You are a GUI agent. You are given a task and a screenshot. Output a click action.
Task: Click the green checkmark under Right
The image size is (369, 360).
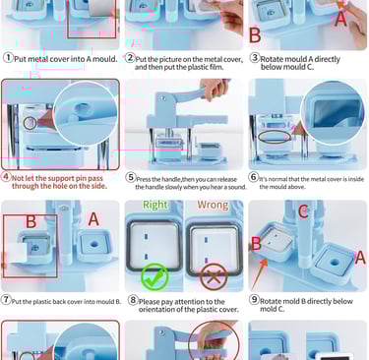click(154, 276)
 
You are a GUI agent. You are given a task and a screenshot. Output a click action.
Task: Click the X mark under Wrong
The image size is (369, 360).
click(214, 276)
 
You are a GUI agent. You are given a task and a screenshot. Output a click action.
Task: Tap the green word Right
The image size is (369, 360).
click(154, 205)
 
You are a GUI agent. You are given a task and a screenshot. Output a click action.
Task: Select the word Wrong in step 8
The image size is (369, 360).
click(213, 206)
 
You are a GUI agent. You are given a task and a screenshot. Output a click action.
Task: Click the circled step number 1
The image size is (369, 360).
click(8, 58)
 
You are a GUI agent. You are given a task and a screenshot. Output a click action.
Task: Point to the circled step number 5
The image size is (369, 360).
click(131, 177)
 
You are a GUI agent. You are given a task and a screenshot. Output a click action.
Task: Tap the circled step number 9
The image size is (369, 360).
click(254, 299)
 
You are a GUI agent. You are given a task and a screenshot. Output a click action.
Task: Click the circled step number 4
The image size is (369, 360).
click(6, 177)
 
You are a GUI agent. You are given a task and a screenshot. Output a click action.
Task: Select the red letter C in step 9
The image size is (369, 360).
click(303, 211)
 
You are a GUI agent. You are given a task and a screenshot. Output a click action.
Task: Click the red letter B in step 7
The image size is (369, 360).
click(31, 221)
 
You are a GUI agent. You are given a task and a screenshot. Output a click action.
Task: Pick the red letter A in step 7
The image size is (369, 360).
click(93, 219)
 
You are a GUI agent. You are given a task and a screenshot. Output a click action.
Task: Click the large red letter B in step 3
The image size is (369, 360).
click(255, 35)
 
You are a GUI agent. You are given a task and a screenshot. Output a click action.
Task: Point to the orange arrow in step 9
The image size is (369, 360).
click(260, 274)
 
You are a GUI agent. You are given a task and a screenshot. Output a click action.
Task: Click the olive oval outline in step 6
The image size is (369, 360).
click(275, 137)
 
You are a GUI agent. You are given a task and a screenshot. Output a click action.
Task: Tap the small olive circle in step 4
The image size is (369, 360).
click(30, 123)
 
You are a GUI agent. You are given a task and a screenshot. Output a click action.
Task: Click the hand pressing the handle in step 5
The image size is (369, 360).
click(215, 88)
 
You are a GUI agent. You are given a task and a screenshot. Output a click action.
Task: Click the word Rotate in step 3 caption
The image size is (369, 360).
click(272, 59)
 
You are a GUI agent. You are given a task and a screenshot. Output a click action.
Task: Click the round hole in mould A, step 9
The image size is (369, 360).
click(334, 263)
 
